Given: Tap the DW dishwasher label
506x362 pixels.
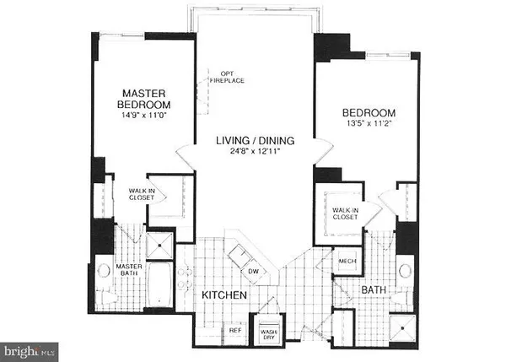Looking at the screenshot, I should (254, 272).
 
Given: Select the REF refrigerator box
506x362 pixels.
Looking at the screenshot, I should (236, 332).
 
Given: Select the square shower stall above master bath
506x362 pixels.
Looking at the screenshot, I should (156, 246).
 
